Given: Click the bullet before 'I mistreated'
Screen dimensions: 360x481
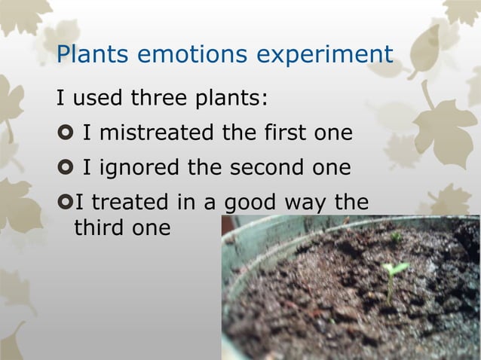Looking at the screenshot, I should point(65,134).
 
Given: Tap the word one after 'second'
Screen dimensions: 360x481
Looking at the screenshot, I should point(332,168).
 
